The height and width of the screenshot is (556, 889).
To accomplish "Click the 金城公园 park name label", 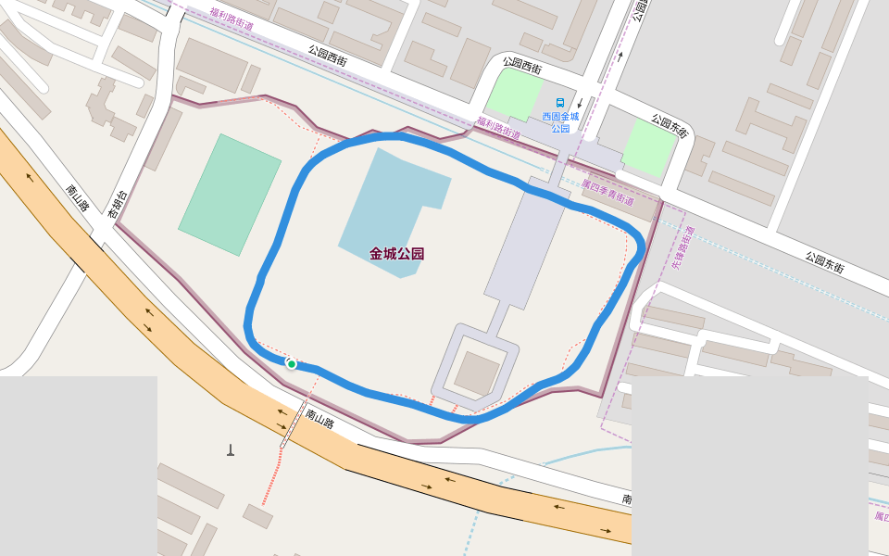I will pyautogui.click(x=396, y=254).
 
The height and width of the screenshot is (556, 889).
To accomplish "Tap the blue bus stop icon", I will pyautogui.click(x=559, y=103).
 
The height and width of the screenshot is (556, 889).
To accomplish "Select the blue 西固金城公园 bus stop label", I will pyautogui.click(x=560, y=122).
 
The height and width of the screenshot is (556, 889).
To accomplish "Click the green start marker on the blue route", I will pyautogui.click(x=291, y=364).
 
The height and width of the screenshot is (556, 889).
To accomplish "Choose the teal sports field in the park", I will pyautogui.click(x=230, y=195).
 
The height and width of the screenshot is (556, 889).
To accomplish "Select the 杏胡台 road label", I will pyautogui.click(x=118, y=204).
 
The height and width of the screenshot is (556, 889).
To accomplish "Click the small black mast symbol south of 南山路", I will pyautogui.click(x=231, y=450).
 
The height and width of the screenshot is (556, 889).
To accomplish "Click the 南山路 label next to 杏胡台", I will pyautogui.click(x=77, y=197).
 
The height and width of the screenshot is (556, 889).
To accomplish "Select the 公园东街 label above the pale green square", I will pyautogui.click(x=669, y=126).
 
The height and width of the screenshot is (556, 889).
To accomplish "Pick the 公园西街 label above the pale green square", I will pyautogui.click(x=522, y=66).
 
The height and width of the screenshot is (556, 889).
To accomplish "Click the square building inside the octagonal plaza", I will pyautogui.click(x=475, y=373).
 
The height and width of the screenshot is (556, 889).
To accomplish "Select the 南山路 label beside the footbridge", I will pyautogui.click(x=319, y=419).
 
